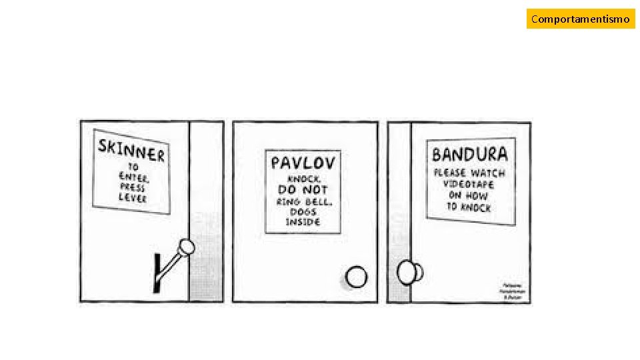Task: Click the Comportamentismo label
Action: tap(580, 19)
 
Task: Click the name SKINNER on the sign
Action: tap(131, 150)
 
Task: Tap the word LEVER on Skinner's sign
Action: tap(132, 197)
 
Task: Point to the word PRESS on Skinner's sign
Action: tap(133, 187)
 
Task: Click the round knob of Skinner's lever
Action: tap(187, 247)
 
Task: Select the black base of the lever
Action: tap(157, 273)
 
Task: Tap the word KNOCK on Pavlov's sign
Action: tap(303, 179)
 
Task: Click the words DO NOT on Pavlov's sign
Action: tap(303, 189)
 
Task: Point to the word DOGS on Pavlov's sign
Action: tap(303, 211)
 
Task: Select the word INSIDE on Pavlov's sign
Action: tap(303, 222)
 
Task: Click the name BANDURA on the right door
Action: tap(469, 155)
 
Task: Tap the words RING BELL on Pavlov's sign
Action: tap(303, 201)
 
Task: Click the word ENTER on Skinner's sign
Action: tap(135, 177)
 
